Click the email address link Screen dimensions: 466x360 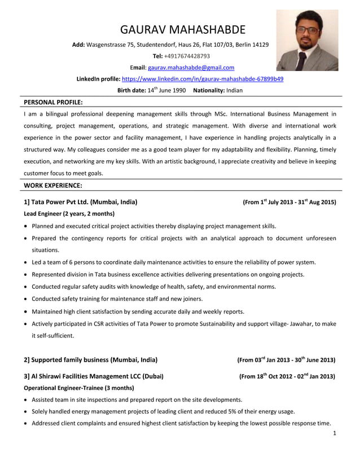click(x=191, y=68)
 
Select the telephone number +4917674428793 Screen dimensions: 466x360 click(x=187, y=56)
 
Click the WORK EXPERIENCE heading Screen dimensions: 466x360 click(x=53, y=185)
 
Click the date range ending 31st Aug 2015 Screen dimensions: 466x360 click(x=289, y=201)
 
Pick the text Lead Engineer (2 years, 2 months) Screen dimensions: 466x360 click(x=69, y=214)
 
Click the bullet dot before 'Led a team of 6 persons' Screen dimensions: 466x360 click(x=26, y=262)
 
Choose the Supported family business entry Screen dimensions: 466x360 click(x=90, y=359)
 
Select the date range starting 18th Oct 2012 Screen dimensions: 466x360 click(x=287, y=376)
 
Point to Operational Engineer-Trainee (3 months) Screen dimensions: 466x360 click(x=78, y=388)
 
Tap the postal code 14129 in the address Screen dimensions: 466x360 click(x=260, y=45)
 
